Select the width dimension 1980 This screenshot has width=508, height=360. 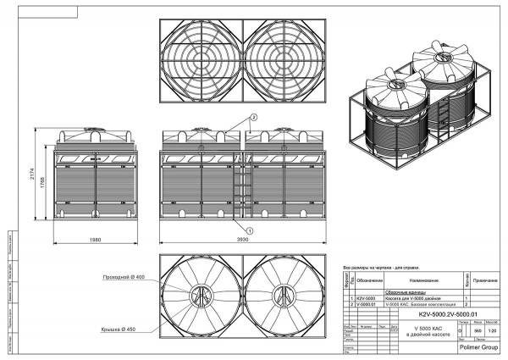point(94,241)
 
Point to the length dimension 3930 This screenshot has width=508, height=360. point(242,241)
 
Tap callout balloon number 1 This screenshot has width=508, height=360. point(249,229)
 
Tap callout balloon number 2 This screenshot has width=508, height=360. point(251,116)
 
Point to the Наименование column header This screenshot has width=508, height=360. point(422,280)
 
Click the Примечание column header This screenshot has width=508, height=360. point(487,280)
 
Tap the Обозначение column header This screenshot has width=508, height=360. point(369,280)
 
